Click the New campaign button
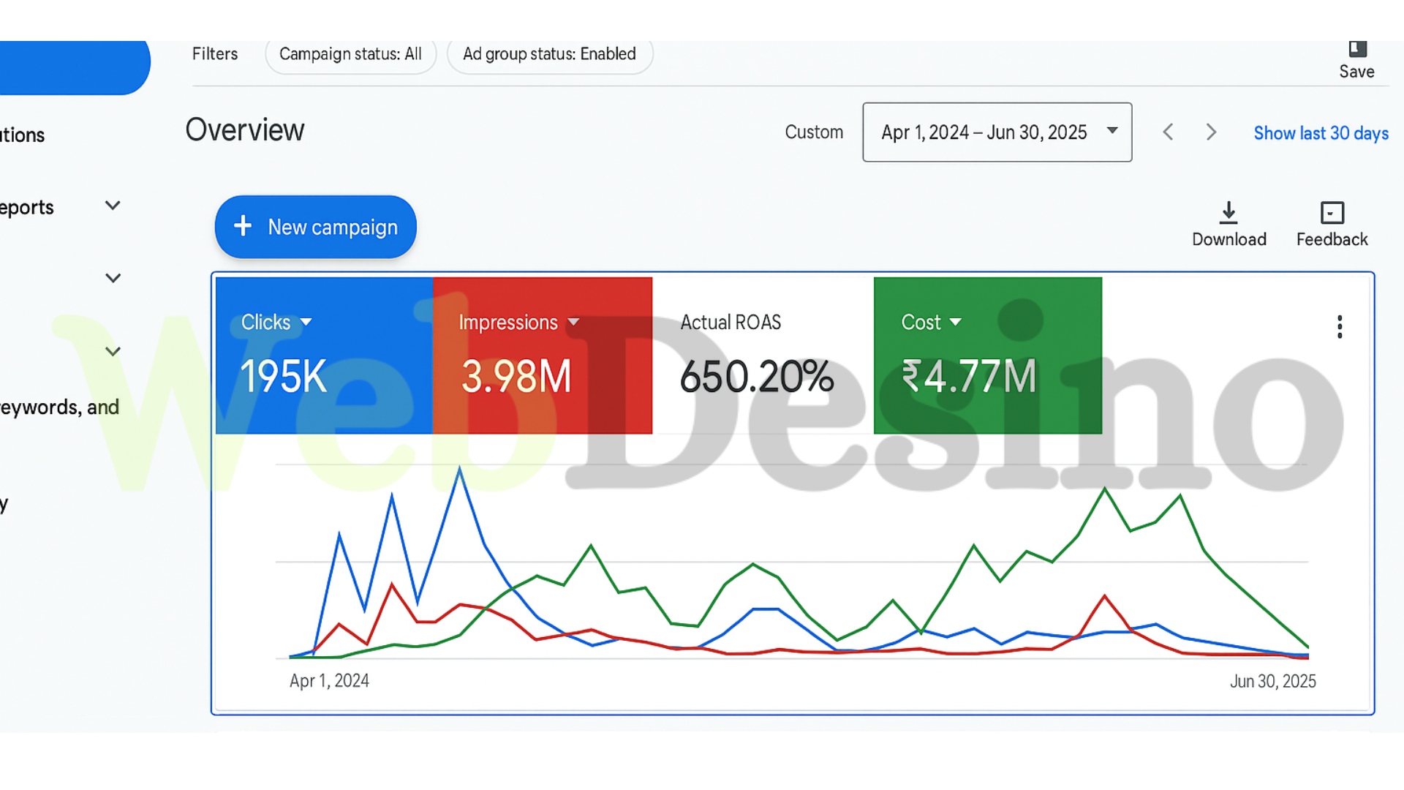[315, 227]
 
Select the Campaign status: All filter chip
[350, 54]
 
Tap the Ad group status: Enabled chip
[549, 54]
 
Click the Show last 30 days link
[1321, 133]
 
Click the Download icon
[1228, 213]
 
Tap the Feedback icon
[1332, 213]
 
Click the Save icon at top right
[1357, 50]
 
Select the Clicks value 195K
[284, 377]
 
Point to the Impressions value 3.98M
[516, 377]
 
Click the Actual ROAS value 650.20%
[756, 377]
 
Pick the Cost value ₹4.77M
[969, 377]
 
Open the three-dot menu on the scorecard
[1340, 327]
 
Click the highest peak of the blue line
[460, 468]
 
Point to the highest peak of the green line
[1105, 489]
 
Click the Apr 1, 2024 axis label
[329, 681]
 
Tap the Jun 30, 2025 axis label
[1272, 681]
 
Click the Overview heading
[245, 130]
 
